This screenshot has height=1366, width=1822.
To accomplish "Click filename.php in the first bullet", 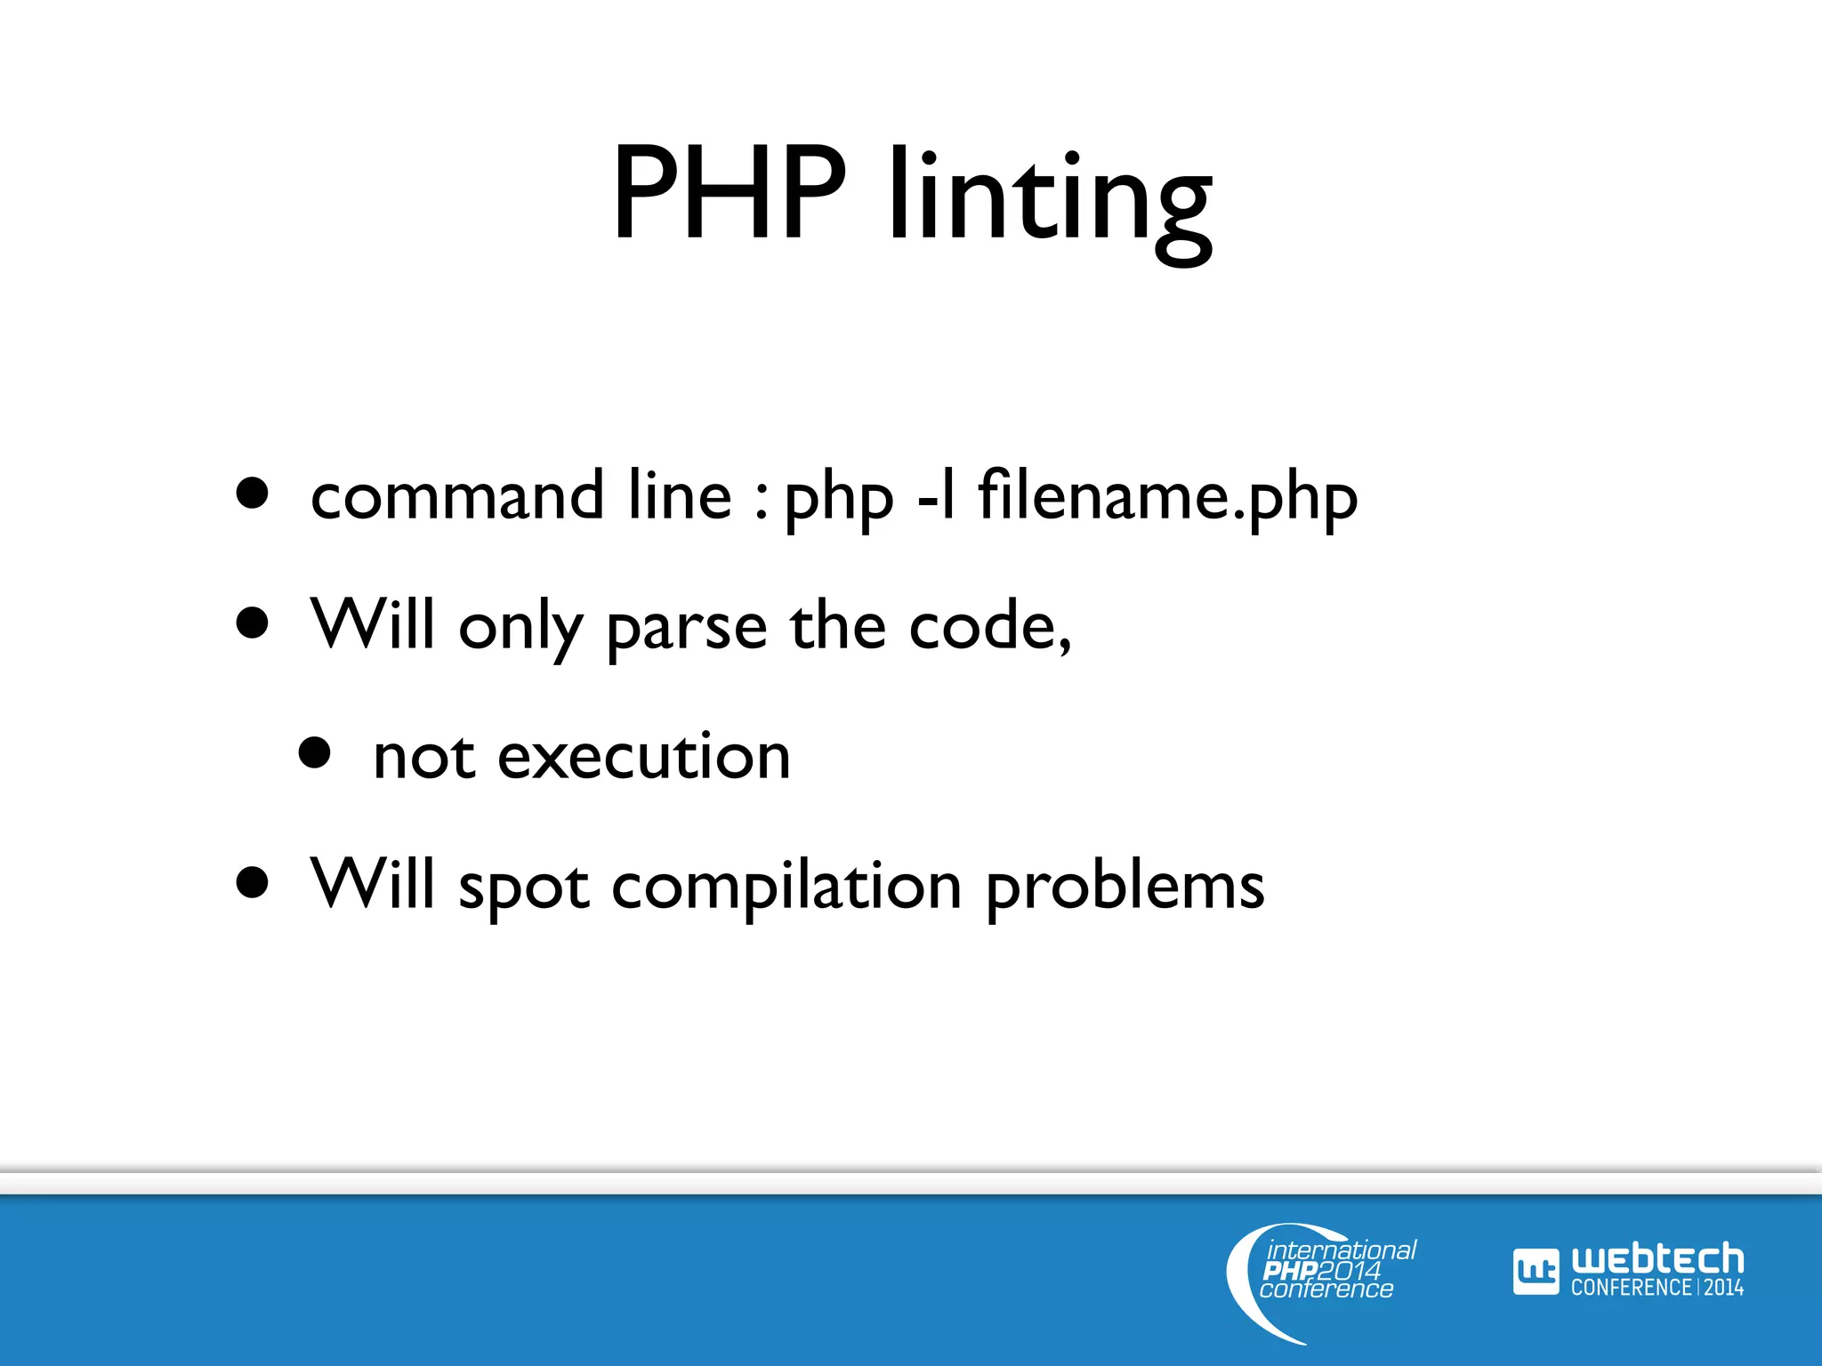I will tap(1167, 498).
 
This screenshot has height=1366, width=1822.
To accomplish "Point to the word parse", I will tap(686, 628).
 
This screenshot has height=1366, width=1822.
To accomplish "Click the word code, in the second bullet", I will tap(990, 626).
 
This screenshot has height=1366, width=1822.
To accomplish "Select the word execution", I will tap(643, 757).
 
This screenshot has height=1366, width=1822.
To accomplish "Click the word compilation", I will tap(786, 888).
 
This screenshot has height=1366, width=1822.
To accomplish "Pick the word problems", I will tap(1125, 888).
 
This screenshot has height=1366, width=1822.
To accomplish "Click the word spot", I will tap(523, 888).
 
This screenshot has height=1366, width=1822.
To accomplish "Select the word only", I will tap(520, 628).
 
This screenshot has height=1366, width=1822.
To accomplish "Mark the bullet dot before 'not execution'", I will tap(315, 752).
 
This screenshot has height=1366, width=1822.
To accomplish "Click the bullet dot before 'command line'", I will tap(253, 494).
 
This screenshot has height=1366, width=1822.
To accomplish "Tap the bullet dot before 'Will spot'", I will tap(253, 883).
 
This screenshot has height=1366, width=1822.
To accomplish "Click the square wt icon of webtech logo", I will tap(1536, 1271).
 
